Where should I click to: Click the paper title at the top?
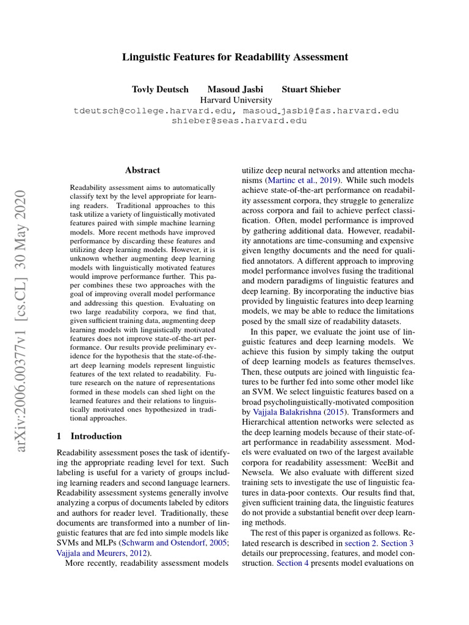click(234, 57)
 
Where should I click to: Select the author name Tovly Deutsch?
click(159, 89)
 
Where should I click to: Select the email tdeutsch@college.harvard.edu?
click(155, 111)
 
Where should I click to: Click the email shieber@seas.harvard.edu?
click(239, 121)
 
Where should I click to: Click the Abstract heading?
click(142, 170)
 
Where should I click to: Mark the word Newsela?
click(259, 474)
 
